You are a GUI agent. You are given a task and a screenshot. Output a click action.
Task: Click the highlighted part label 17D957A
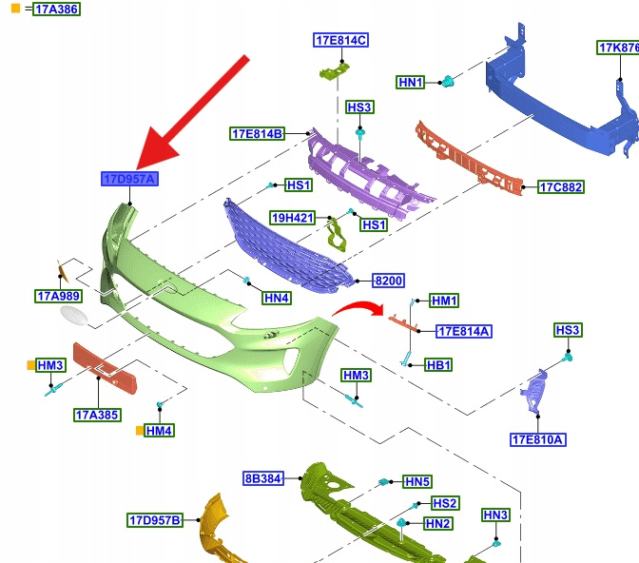point(130,179)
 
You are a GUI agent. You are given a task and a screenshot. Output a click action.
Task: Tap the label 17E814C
point(340,40)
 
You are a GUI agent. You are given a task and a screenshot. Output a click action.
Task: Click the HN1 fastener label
point(411,83)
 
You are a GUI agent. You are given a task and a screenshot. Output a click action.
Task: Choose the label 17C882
point(560,187)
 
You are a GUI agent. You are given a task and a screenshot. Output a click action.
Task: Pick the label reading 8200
point(388,281)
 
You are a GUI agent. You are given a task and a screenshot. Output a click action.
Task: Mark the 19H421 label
point(291,217)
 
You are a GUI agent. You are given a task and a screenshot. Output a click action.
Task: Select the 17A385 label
point(97,415)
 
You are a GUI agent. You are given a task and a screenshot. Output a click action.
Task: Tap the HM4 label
point(159,431)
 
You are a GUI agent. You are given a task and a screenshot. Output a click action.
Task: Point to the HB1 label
point(438,365)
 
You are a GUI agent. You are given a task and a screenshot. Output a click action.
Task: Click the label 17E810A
point(538,439)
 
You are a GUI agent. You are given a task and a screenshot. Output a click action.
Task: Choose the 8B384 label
point(263,478)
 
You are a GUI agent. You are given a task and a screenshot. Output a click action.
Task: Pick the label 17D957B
point(154,520)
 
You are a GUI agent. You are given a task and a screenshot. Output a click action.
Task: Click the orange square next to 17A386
point(15,9)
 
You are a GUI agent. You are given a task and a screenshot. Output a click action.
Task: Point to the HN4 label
point(277,298)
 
